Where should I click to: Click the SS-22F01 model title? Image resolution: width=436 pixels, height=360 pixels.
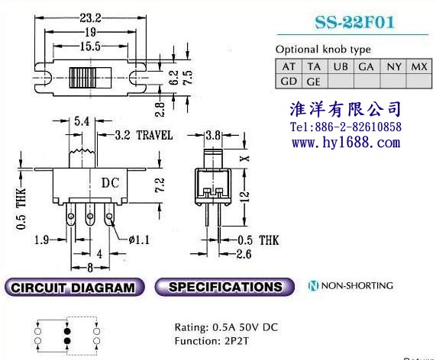(355, 22)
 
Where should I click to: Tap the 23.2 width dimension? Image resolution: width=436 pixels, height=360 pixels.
(90, 18)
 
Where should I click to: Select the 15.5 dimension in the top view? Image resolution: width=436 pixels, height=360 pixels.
(90, 46)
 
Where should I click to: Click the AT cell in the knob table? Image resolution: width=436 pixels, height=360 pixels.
(289, 66)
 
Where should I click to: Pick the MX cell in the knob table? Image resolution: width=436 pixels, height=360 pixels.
(419, 66)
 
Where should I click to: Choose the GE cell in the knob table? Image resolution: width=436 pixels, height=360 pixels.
(315, 82)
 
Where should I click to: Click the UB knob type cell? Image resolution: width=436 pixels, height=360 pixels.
(341, 66)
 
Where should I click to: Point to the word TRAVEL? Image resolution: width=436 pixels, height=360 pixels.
(154, 135)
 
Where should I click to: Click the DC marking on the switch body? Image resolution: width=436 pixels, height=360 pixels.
(111, 183)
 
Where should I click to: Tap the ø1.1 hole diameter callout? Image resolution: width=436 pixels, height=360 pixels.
(139, 239)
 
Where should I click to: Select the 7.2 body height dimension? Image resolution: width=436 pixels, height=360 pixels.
(160, 185)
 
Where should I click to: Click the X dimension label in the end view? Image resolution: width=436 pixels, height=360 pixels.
(244, 159)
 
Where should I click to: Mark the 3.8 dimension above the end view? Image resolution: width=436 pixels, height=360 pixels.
(213, 135)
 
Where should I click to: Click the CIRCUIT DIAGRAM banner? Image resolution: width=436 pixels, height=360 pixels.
(74, 288)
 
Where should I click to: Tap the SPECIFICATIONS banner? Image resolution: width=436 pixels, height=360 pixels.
(224, 287)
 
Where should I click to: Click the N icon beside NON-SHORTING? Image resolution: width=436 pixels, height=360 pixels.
(313, 285)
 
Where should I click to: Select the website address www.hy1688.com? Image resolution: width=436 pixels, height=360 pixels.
(346, 143)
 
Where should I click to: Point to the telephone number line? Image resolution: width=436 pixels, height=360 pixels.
(346, 127)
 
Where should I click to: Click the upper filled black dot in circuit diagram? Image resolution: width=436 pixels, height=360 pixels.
(67, 331)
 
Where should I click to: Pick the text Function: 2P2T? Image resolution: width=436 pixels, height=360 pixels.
(212, 341)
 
